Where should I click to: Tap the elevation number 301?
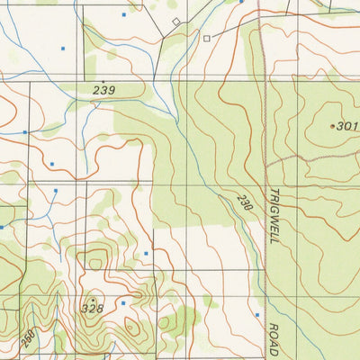tap(347, 127)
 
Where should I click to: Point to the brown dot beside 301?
tap(332, 126)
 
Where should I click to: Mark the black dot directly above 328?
tap(93, 299)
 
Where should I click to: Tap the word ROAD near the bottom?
tap(274, 336)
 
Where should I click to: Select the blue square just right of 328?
tap(122, 305)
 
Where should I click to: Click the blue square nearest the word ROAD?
tap(256, 315)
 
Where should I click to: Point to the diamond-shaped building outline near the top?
tap(176, 21)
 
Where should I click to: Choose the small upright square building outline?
tap(206, 39)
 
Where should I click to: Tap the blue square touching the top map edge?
tap(241, 2)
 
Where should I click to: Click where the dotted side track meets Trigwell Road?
tap(267, 163)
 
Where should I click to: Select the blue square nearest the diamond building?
tap(123, 15)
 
